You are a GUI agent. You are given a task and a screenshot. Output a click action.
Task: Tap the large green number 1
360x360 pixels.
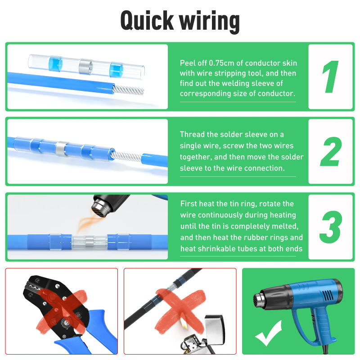(331, 76)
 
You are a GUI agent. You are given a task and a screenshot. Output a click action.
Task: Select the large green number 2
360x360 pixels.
(331, 152)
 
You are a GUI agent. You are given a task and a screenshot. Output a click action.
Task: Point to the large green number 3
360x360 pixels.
(331, 226)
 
